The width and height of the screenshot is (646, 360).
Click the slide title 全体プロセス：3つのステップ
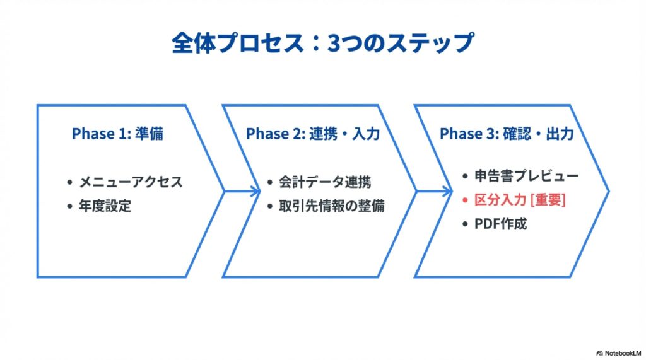[x=322, y=43]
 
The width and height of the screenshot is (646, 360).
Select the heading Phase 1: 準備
[x=119, y=134]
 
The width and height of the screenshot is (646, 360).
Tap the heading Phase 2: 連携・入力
[x=313, y=134]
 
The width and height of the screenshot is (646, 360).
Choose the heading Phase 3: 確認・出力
[x=507, y=134]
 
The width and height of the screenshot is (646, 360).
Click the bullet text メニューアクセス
[x=131, y=182]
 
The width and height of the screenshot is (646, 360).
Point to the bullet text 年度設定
[x=105, y=206]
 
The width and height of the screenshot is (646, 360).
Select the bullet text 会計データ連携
[x=325, y=182]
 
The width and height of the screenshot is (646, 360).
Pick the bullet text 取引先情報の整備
[x=332, y=206]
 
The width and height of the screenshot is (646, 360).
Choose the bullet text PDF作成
[x=501, y=223]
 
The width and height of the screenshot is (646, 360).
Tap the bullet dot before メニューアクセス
[x=70, y=183]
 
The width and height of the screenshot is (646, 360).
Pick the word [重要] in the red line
[x=548, y=200]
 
